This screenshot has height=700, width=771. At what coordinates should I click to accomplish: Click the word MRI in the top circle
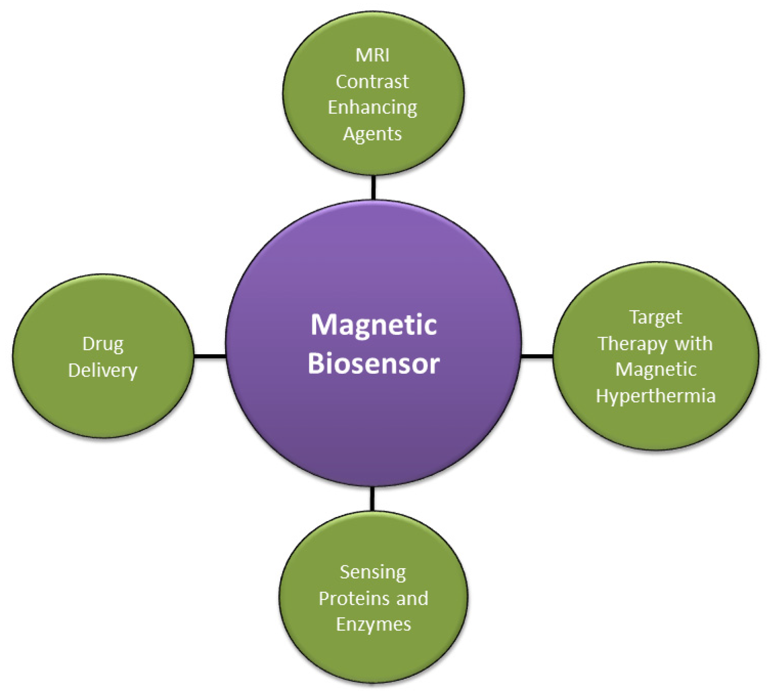click(x=372, y=55)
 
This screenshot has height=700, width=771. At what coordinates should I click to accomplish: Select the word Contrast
click(x=372, y=81)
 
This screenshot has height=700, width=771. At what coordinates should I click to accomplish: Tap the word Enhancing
click(x=372, y=108)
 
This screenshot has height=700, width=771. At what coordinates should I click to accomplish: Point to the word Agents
click(x=372, y=134)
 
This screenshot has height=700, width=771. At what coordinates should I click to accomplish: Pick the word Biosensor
click(x=373, y=364)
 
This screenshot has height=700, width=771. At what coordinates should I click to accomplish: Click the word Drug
click(x=103, y=344)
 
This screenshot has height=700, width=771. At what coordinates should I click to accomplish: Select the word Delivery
click(x=103, y=370)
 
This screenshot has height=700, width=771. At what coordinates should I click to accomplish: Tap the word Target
click(x=655, y=317)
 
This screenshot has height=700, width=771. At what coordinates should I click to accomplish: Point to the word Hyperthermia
click(x=655, y=396)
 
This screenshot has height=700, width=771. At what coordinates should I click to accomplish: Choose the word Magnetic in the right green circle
click(x=655, y=370)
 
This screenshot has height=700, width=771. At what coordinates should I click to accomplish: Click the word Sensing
click(x=373, y=572)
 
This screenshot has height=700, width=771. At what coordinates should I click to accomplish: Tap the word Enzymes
click(x=373, y=624)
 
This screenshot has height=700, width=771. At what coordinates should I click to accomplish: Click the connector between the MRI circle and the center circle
click(x=373, y=187)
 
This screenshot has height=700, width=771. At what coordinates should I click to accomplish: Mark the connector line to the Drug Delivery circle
click(x=210, y=356)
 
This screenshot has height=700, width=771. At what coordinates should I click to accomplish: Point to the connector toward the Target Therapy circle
click(x=537, y=356)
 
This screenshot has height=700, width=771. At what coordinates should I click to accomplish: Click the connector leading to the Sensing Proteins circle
click(x=372, y=499)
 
